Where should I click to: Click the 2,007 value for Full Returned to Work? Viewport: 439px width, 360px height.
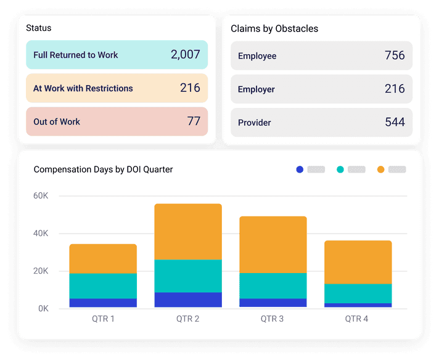point(185,55)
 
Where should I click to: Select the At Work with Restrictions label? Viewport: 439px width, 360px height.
point(83,88)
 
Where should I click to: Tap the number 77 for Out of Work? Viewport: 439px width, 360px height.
point(194,121)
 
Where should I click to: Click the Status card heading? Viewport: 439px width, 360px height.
point(39,28)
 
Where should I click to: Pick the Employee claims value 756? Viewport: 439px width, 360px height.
point(395,55)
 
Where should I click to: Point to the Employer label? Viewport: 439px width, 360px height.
point(256,89)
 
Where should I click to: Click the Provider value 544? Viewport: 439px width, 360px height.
point(395,122)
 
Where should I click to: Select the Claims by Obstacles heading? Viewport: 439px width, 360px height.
point(274,29)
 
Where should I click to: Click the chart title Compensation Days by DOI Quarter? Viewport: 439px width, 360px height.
point(103,170)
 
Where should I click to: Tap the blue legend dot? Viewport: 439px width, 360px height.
point(300,170)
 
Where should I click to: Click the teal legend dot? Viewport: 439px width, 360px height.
point(340,170)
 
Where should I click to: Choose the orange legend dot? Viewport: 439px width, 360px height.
point(380,170)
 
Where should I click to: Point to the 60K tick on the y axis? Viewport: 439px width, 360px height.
point(41,196)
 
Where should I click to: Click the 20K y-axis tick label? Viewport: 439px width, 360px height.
point(41,271)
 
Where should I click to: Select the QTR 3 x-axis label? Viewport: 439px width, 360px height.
point(273,319)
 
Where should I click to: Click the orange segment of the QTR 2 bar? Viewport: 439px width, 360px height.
point(188,232)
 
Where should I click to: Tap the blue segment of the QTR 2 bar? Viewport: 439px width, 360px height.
point(188,300)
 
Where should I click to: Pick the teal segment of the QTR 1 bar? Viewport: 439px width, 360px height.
point(103,286)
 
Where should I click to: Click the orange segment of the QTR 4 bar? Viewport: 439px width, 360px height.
point(358,262)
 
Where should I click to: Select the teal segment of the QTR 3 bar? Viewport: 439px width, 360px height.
point(273,286)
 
